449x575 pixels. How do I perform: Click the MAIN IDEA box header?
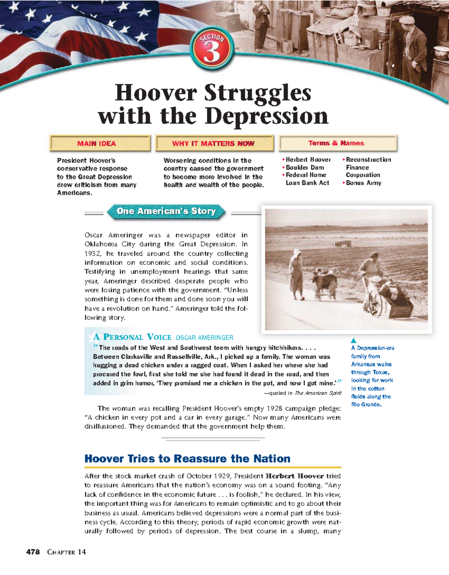[97, 143]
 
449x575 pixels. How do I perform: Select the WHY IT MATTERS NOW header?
[213, 143]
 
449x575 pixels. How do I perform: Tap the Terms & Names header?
[336, 143]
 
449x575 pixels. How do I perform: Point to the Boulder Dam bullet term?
[305, 167]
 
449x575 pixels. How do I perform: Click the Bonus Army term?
[363, 183]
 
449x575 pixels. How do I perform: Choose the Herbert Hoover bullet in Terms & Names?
[308, 159]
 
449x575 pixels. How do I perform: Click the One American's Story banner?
[166, 211]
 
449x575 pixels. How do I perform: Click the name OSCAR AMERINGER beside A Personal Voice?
[204, 338]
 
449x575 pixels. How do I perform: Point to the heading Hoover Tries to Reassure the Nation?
[187, 459]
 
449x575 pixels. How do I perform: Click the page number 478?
[33, 552]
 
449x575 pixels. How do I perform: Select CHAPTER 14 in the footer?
[67, 552]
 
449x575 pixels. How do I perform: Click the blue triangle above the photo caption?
[354, 340]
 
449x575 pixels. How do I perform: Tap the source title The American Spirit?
[318, 393]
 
